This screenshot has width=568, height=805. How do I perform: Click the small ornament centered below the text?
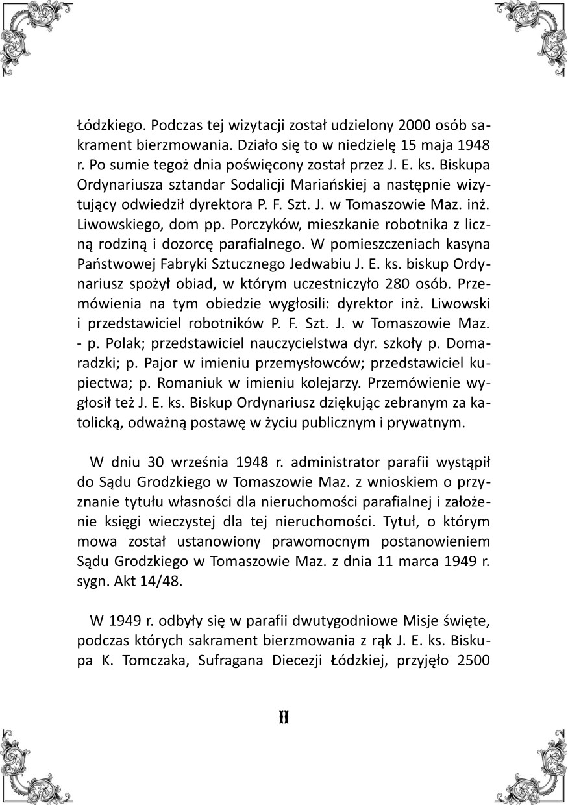(x=284, y=717)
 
